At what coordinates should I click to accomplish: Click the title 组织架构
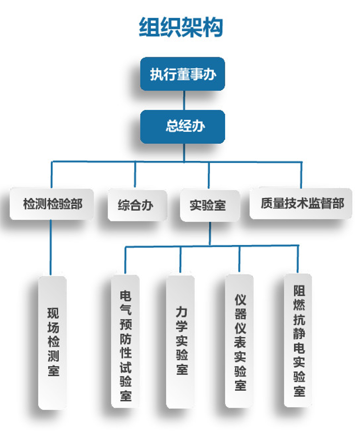pos(180,27)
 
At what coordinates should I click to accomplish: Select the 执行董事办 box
pos(182,74)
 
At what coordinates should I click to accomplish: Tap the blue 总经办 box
pos(182,126)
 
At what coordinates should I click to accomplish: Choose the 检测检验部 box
pos(52,204)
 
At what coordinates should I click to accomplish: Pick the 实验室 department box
pos(209,205)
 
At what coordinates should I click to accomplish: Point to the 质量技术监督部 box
pos(301,204)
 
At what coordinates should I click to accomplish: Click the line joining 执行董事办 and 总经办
pos(184,101)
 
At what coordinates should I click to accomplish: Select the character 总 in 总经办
pos(172,126)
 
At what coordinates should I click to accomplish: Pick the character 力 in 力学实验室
pos(181,313)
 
